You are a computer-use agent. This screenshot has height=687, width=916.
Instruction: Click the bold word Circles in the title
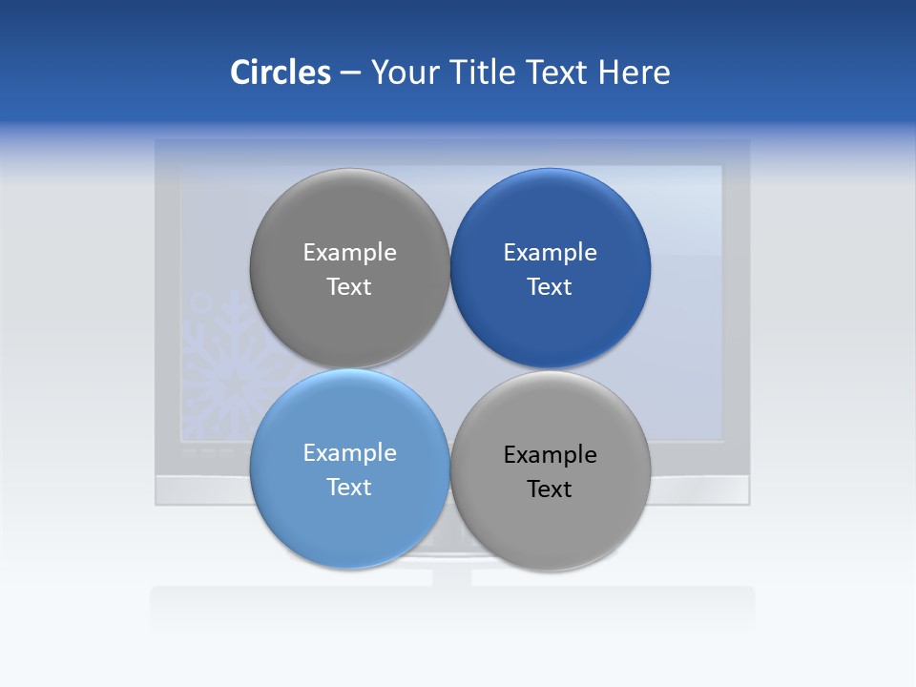coord(281,73)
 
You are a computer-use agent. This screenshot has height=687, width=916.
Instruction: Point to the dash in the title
coord(350,73)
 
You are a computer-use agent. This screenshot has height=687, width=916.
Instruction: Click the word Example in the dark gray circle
coord(349,253)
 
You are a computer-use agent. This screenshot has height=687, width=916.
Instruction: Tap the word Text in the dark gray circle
coord(349,287)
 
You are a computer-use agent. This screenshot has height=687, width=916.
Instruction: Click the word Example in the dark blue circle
coord(550,253)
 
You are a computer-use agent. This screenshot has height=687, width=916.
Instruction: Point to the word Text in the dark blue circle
coord(550,287)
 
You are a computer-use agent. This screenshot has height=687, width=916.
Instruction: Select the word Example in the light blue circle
coord(349,453)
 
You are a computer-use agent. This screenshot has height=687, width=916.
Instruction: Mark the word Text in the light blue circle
coord(349,488)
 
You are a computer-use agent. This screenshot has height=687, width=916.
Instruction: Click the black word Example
coord(550,455)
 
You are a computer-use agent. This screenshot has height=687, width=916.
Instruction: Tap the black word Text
coord(550,489)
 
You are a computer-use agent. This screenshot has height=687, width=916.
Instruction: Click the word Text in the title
coord(557,73)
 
